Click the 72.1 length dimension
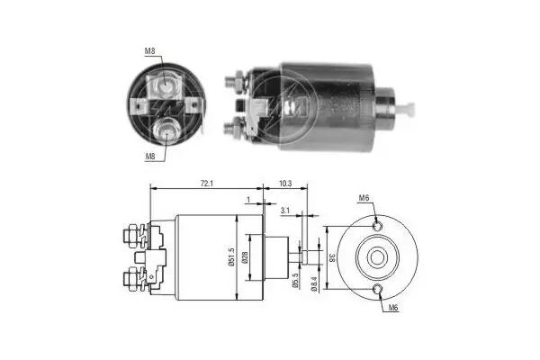coord(206,184)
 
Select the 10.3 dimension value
coord(285,184)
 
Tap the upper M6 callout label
coord(364,199)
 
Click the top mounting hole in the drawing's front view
coord(377,225)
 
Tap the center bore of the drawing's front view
coord(377,257)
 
